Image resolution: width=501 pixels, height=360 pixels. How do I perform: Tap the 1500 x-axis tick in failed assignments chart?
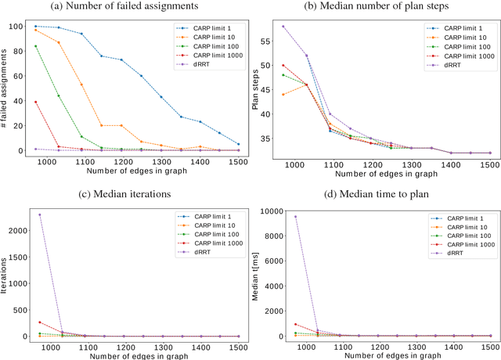(x=238, y=163)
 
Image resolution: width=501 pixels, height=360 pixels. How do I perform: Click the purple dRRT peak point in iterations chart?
(x=39, y=214)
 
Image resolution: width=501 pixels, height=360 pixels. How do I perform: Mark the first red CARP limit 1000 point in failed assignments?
(x=35, y=102)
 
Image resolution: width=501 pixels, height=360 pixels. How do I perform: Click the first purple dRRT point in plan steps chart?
(x=283, y=26)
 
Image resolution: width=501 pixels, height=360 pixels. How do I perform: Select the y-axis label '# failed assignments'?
(x=7, y=88)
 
